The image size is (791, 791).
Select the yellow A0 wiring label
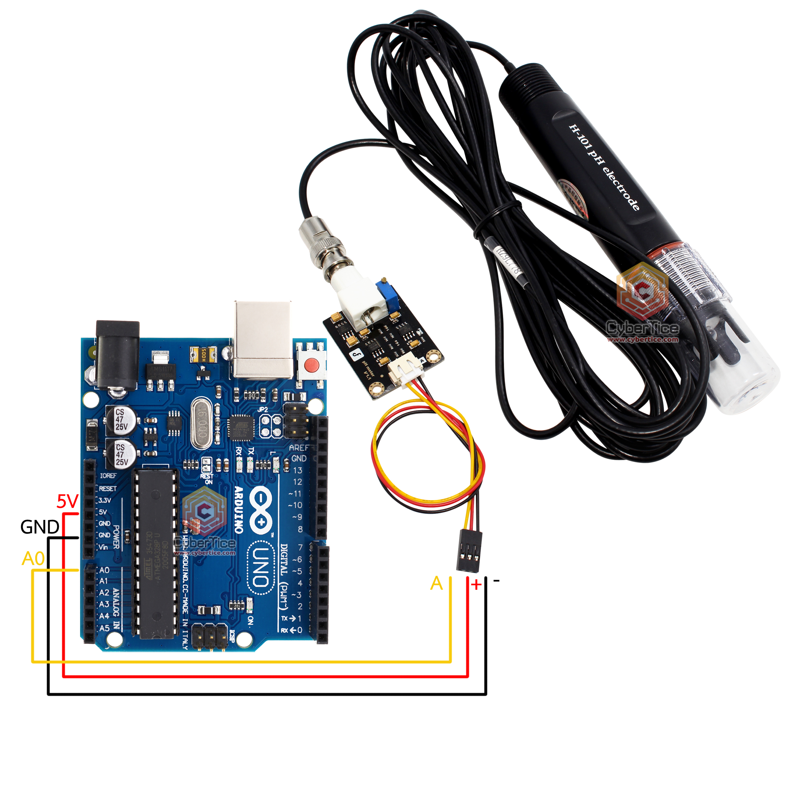pos(33,558)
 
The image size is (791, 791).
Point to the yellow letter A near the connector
pos(436,583)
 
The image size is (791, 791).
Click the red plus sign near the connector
pos(476,585)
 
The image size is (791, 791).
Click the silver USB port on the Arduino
pos(263,340)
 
